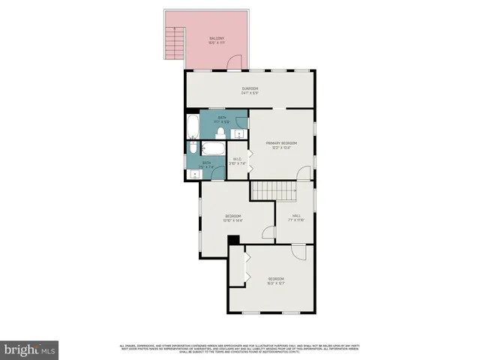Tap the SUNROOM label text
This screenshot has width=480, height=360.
(x=250, y=89)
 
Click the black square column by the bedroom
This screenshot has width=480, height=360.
(x=233, y=240)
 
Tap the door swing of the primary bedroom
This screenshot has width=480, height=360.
(x=303, y=174)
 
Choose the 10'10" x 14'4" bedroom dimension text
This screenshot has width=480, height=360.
(x=232, y=220)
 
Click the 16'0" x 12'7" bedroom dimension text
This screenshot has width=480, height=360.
(x=277, y=283)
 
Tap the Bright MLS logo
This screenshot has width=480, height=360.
(x=30, y=349)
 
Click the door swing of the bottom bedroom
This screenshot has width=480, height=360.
(x=298, y=252)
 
